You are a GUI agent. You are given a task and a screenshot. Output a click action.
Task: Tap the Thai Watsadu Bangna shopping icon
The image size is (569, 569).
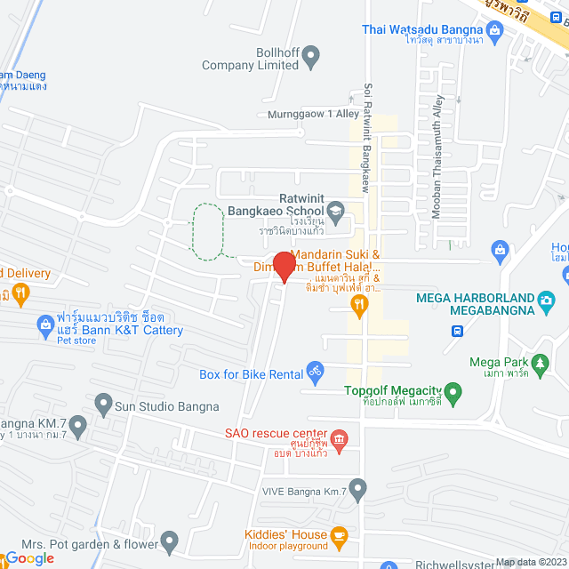pyautogui.click(x=496, y=30)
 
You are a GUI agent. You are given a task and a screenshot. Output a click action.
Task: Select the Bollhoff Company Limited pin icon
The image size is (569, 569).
pyautogui.click(x=310, y=58)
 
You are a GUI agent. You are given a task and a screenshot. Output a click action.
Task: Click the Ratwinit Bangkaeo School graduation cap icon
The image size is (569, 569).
pyautogui.click(x=335, y=212)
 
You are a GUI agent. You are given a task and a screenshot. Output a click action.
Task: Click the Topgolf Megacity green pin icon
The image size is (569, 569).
pyautogui.click(x=453, y=391)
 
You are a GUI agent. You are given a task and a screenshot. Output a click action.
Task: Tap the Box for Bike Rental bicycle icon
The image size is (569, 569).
pyautogui.click(x=314, y=370)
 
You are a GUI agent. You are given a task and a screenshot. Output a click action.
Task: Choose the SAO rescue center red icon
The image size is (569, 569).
pyautogui.click(x=340, y=437)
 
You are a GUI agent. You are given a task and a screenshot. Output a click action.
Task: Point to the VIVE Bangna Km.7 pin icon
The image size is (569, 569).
pyautogui.click(x=357, y=488)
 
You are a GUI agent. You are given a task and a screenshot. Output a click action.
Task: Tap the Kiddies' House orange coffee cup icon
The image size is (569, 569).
pyautogui.click(x=338, y=535)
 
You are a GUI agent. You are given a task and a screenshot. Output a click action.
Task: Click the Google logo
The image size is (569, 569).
pyautogui.click(x=29, y=557)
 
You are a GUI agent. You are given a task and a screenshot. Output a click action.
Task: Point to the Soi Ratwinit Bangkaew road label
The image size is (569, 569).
pyautogui.click(x=365, y=138)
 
